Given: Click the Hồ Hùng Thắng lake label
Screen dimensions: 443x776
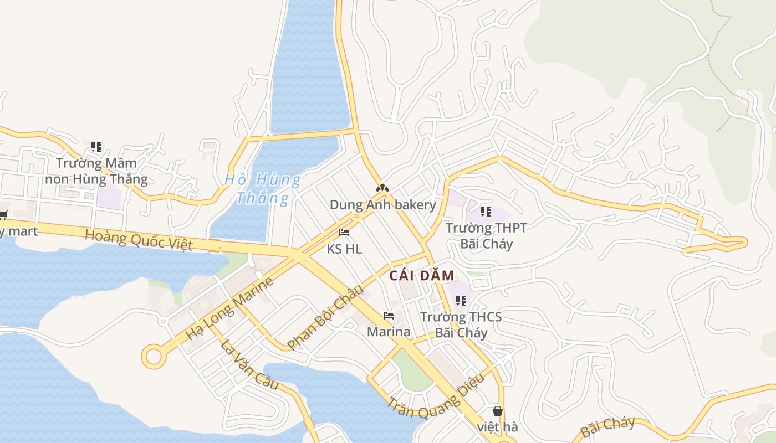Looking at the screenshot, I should (263, 188).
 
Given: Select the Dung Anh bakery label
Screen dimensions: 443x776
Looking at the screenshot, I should (383, 205).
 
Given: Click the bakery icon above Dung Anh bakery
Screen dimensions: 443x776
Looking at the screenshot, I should (382, 189).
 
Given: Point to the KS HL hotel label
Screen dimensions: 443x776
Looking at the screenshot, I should (344, 249).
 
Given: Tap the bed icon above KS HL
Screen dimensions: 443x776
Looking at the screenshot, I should (344, 233).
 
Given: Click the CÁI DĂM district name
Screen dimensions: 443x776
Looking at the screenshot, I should (422, 275).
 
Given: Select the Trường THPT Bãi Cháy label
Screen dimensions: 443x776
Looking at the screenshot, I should (486, 235).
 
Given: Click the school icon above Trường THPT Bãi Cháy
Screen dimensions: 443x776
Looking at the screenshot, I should (486, 211).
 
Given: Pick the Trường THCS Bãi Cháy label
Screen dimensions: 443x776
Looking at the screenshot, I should (461, 324).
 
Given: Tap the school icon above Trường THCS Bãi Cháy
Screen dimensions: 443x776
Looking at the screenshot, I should (461, 300).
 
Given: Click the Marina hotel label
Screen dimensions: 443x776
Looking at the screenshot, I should (389, 332).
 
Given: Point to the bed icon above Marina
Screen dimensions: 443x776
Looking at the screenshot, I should (389, 316).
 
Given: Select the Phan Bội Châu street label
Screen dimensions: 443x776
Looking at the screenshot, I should (325, 317).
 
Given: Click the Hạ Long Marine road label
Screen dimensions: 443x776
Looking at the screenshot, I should (229, 308).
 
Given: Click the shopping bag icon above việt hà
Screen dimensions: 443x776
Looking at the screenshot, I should (498, 411).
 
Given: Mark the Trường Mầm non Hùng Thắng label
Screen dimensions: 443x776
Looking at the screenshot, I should (96, 171).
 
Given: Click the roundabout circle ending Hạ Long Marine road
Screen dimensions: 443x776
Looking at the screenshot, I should (154, 357).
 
